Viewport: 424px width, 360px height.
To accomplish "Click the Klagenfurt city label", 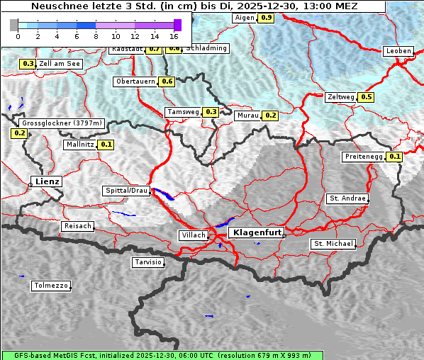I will pyautogui.click(x=258, y=232).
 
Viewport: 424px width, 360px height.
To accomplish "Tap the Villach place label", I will pyautogui.click(x=194, y=235).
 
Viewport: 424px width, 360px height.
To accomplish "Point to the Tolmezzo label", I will pyautogui.click(x=51, y=286).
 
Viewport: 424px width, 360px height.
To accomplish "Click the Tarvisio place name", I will pyautogui.click(x=148, y=262).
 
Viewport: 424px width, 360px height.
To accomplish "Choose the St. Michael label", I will pyautogui.click(x=333, y=244).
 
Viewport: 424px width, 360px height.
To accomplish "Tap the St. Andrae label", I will pyautogui.click(x=347, y=198).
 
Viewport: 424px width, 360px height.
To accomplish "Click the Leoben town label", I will pyautogui.click(x=398, y=51).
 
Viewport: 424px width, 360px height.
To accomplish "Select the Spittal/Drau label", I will pyautogui.click(x=126, y=191).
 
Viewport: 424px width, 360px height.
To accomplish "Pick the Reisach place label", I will pyautogui.click(x=78, y=226).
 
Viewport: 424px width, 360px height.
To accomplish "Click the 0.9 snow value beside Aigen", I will pyautogui.click(x=266, y=17).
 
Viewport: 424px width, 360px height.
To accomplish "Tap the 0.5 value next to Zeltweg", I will pyautogui.click(x=366, y=97).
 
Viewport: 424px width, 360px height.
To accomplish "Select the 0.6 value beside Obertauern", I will pyautogui.click(x=167, y=81).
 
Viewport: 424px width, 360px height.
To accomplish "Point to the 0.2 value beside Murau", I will pyautogui.click(x=269, y=115).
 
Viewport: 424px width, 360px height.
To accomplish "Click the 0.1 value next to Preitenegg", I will pyautogui.click(x=395, y=157).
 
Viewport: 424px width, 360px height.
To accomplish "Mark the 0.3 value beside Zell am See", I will pyautogui.click(x=28, y=64).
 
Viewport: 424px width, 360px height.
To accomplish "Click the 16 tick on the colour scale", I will pyautogui.click(x=174, y=35).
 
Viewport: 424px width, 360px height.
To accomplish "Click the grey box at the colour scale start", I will pyautogui.click(x=13, y=25).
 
